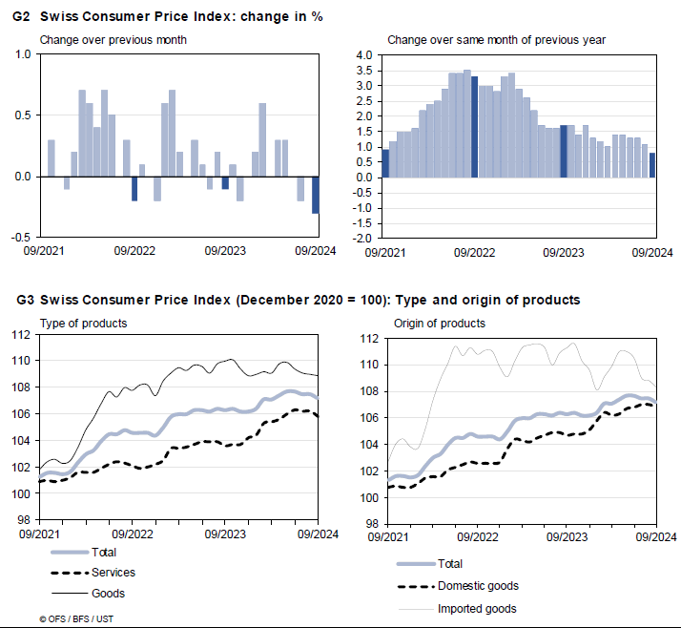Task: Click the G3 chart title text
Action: [298, 300]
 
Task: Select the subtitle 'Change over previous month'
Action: [113, 40]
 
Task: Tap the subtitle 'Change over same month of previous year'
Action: [496, 40]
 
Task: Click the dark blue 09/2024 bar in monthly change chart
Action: [316, 195]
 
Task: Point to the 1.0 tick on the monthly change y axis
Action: [22, 54]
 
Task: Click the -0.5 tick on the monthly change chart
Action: [20, 238]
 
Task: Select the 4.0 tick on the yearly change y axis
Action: [364, 55]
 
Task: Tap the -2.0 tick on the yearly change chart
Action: [362, 238]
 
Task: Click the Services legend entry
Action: [113, 573]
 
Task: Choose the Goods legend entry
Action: [108, 594]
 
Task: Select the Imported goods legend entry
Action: [476, 609]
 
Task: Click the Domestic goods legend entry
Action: [477, 586]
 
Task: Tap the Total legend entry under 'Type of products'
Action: [106, 553]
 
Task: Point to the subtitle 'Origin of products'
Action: [439, 324]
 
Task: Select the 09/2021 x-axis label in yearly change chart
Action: [382, 252]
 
